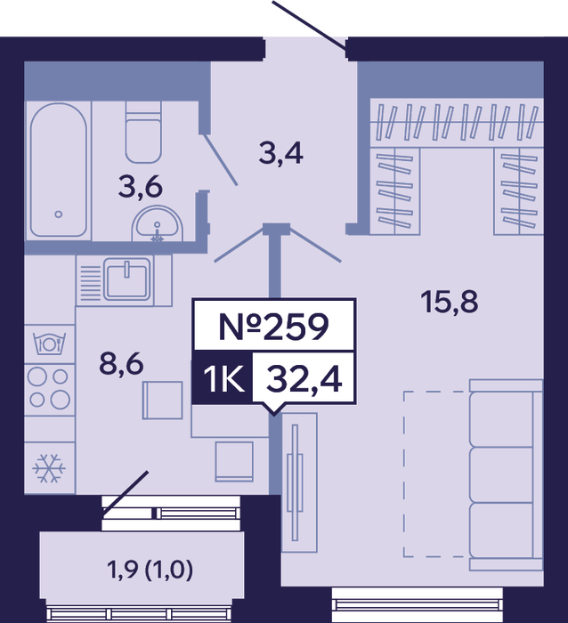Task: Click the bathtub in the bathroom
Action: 59,170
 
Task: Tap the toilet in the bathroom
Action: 143,132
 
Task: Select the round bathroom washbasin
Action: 158,223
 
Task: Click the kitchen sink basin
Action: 127,278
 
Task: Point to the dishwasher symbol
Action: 49,344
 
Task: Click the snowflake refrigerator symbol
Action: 49,468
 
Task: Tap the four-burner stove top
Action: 49,390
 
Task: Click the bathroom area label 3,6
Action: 141,188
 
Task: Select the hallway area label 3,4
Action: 281,153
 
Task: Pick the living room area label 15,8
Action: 450,302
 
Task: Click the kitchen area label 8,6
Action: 121,364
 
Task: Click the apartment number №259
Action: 274,327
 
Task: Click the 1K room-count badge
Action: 223,378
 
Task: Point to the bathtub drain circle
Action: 59,214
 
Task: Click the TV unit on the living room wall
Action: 299,482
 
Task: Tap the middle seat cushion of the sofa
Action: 501,475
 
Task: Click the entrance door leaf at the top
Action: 309,26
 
